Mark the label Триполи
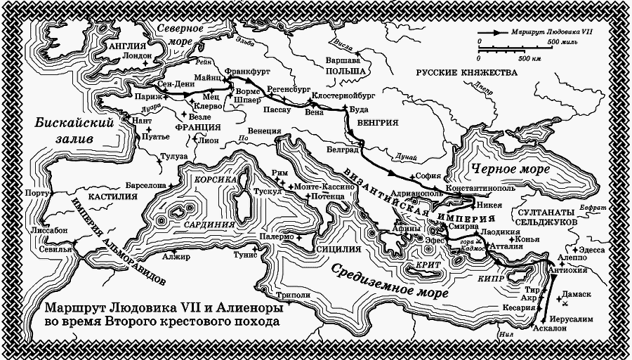pyautogui.click(x=294, y=296)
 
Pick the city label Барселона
pyautogui.click(x=145, y=185)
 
